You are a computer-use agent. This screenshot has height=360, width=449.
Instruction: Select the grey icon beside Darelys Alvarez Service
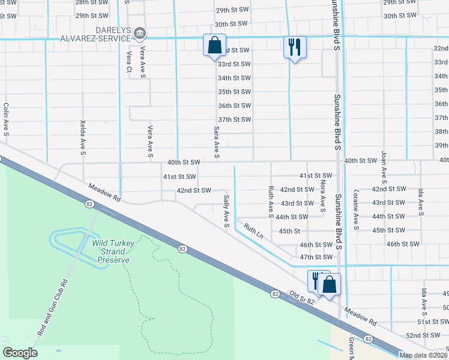[x=139, y=32]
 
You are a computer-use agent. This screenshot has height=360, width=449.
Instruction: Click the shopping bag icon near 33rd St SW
[x=214, y=46]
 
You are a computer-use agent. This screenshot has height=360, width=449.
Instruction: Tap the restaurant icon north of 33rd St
[x=295, y=46]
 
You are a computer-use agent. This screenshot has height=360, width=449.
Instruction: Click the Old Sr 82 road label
[x=302, y=296]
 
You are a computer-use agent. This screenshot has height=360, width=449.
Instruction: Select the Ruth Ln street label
[x=253, y=230]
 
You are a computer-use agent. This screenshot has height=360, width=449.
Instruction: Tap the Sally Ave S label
[x=226, y=211]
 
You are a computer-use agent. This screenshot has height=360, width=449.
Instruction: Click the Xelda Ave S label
[x=83, y=134]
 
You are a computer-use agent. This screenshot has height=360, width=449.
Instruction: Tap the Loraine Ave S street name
[x=356, y=211]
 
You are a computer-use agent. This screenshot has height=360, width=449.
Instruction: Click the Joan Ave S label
[x=384, y=166]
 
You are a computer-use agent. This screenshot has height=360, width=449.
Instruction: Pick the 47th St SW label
[x=316, y=257]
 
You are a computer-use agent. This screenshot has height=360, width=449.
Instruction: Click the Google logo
[x=20, y=353]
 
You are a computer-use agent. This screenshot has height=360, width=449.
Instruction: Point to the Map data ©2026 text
[x=423, y=355]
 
